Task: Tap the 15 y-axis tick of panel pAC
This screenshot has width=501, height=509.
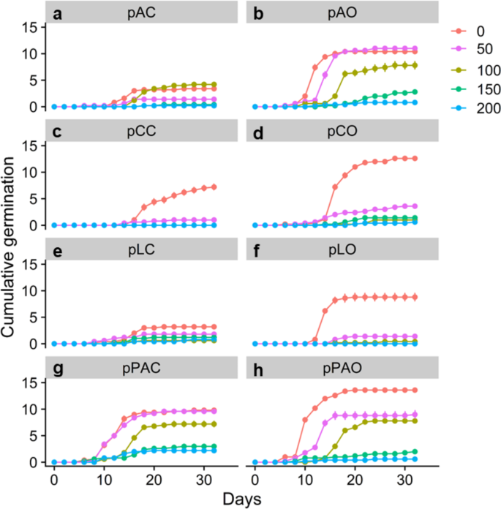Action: [29, 27]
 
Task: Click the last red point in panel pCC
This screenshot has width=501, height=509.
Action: [214, 187]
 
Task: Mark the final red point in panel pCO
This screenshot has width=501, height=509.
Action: [415, 158]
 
